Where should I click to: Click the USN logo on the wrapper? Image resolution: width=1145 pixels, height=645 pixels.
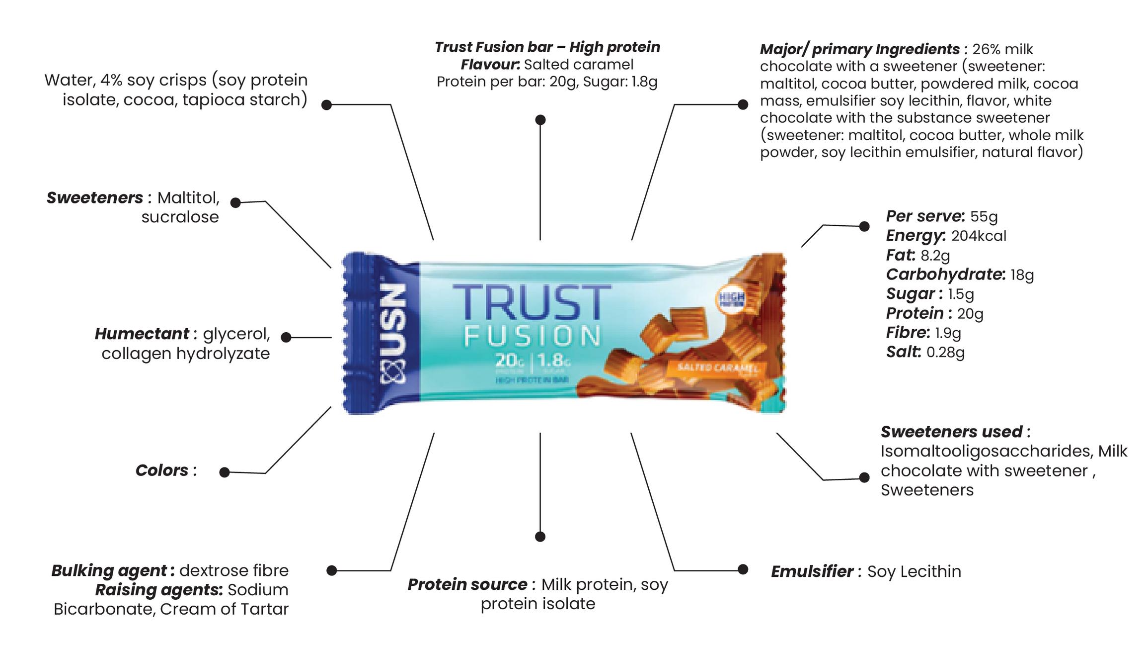point(393,334)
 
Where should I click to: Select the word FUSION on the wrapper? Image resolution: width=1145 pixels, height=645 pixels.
point(532,336)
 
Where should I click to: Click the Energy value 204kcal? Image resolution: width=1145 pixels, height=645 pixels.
point(978,236)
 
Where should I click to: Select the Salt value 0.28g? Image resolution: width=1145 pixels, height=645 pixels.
point(945,352)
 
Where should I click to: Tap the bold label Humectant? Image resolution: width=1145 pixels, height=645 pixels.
point(142,334)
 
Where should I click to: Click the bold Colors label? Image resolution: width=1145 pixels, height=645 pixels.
point(162,470)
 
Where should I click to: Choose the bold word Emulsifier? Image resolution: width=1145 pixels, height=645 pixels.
point(812,571)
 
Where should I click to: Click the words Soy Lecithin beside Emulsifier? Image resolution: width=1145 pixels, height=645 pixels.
point(914,571)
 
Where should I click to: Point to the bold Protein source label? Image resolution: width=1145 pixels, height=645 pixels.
point(467,584)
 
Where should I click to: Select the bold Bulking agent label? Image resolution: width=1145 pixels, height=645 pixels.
point(109,570)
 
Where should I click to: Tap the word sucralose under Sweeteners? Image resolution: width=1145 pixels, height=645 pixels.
point(180,217)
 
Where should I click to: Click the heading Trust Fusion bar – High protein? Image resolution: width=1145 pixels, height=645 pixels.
point(547,47)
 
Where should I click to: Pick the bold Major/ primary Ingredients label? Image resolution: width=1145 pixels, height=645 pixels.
point(859,49)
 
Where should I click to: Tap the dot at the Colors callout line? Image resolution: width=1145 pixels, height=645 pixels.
point(225,472)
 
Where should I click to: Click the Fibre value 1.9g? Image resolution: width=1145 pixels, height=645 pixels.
point(948,333)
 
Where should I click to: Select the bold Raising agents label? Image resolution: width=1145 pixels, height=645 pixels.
point(158,590)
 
